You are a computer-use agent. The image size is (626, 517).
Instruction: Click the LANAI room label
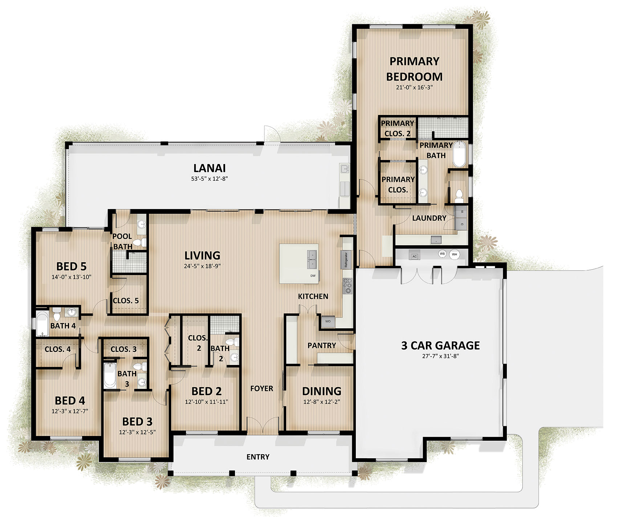tap(210, 168)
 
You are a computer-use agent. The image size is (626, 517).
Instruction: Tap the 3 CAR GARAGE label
tap(440, 345)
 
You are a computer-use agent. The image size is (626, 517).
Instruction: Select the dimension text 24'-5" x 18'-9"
tap(202, 266)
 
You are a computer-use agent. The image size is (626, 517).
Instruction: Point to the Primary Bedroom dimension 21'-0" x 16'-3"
tap(414, 87)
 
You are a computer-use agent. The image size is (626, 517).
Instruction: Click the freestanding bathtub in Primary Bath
tap(459, 154)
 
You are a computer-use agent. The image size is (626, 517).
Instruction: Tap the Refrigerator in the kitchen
tap(346, 259)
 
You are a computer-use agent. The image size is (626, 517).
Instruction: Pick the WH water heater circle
tap(454, 254)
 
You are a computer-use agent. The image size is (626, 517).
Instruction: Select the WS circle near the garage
tap(442, 254)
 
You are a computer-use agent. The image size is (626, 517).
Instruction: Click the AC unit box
tap(415, 256)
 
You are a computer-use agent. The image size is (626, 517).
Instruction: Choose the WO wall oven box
tap(328, 321)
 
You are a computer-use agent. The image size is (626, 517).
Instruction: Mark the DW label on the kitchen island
tap(313, 276)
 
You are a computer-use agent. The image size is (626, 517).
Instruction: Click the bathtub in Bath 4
tap(42, 323)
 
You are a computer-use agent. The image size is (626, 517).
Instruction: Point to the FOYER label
tap(261, 389)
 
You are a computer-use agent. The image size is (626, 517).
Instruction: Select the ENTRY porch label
tap(258, 457)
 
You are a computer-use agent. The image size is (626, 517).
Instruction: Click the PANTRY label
tap(322, 345)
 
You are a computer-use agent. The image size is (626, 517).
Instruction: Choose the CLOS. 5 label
tap(126, 300)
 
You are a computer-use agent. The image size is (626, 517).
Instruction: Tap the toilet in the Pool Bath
tap(139, 242)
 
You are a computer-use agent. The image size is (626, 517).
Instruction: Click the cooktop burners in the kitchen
tap(347, 286)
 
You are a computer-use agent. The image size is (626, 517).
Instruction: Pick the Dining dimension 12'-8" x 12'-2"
tap(322, 402)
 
